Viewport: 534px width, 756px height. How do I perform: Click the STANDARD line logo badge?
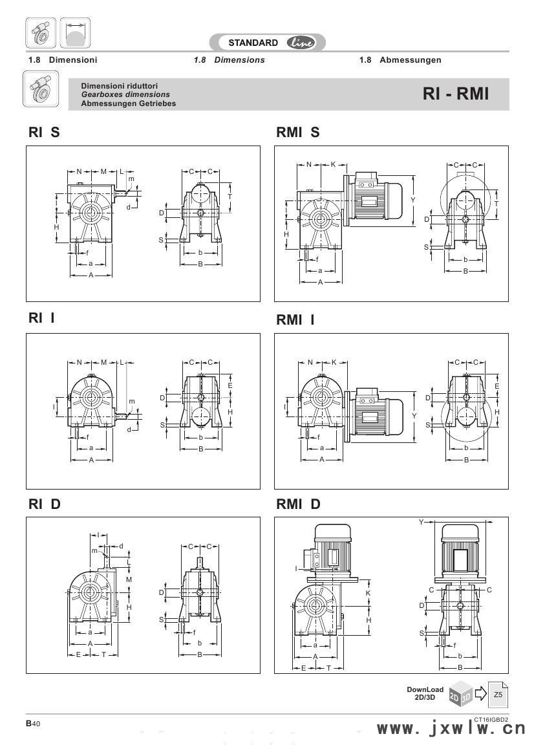pos(268,43)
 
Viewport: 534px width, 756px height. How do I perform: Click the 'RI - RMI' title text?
pos(456,94)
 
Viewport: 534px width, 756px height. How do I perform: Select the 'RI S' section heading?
pos(44,133)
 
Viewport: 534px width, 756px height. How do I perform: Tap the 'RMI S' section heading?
pos(297,133)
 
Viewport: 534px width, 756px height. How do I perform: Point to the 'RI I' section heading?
pos(41,318)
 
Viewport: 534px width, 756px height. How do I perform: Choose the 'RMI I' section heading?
pos(295,319)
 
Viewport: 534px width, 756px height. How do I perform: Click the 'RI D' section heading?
pos(44,504)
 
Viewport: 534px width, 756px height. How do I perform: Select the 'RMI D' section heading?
pos(298,504)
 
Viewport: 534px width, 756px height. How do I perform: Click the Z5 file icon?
pos(498,695)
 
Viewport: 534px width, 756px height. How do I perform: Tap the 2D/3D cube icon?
pos(460,695)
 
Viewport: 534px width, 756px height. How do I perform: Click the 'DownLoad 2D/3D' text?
pos(425,693)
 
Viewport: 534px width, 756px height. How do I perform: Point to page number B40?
pos(33,724)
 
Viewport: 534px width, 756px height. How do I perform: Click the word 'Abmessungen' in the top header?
pos(410,60)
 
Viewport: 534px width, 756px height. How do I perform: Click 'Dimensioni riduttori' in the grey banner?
pos(120,86)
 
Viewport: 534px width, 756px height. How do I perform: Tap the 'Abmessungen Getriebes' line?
pos(128,103)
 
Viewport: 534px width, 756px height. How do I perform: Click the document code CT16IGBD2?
pos(491,718)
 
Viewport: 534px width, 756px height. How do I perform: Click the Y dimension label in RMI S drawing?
pos(413,200)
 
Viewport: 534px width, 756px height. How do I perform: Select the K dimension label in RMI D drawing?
pos(368,592)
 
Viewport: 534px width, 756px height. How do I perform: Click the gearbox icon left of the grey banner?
pos(41,91)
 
